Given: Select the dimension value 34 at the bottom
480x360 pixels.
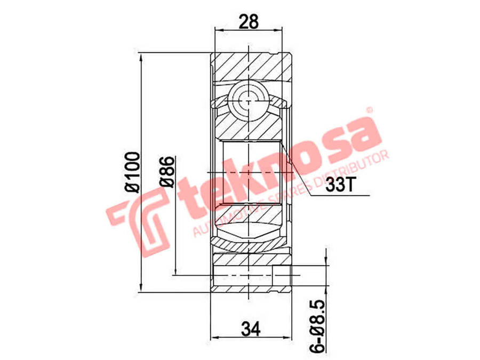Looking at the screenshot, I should pos(249,331).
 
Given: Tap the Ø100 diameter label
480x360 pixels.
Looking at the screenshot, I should pos(132,172).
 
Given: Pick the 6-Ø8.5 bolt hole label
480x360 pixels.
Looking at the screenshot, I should pos(318,326).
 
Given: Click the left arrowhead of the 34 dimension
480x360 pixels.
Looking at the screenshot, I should pos(215,338).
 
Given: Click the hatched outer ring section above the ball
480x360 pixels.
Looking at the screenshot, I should pos(251,67).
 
